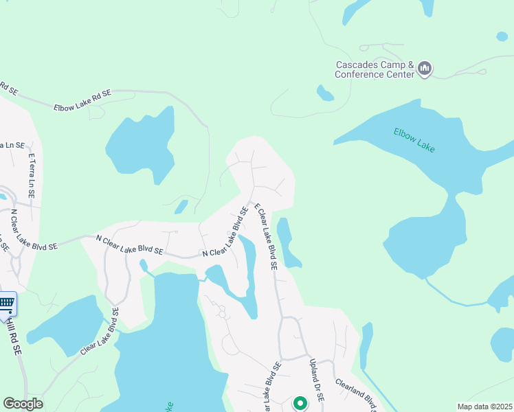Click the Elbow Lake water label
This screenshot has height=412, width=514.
click(414, 139)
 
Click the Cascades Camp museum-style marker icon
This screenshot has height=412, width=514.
click(425, 69)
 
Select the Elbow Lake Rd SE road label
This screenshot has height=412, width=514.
click(82, 98)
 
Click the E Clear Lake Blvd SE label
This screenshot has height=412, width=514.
click(265, 236)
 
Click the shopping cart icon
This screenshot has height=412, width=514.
click(6, 304)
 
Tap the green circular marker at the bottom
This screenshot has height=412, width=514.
click(300, 403)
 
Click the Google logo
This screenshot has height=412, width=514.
click(23, 404)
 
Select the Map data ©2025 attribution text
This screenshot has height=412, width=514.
click(484, 407)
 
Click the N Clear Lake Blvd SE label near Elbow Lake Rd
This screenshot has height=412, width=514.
click(130, 245)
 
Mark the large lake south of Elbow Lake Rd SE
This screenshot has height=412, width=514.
click(141, 146)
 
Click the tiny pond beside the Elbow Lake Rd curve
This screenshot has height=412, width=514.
click(181, 206)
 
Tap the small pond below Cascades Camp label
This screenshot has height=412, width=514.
click(324, 93)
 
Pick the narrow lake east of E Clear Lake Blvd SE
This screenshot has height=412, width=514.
click(287, 241)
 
